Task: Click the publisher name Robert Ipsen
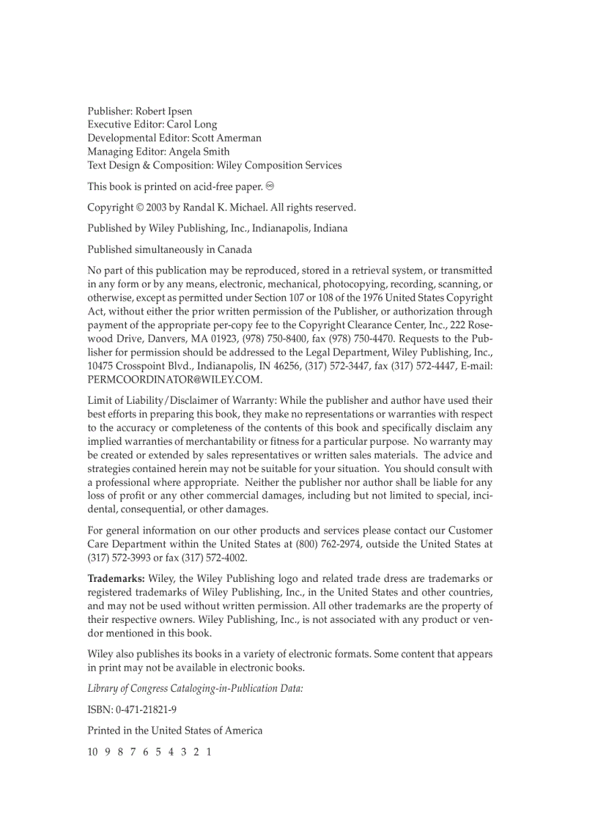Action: point(164,111)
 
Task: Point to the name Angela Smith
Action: point(199,152)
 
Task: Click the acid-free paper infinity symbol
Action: point(270,186)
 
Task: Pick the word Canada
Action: point(234,249)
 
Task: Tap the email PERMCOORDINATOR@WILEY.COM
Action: point(174,380)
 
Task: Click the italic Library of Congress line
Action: point(195,688)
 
